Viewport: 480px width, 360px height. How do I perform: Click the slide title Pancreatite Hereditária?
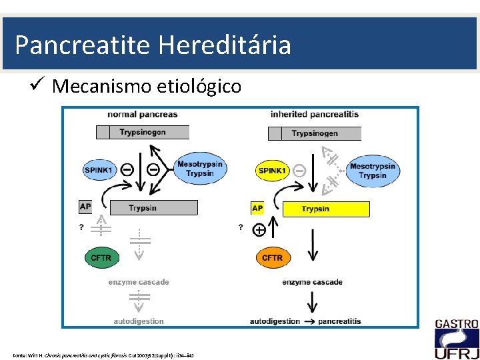click(x=153, y=45)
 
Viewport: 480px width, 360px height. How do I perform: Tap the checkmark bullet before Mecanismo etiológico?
click(x=38, y=85)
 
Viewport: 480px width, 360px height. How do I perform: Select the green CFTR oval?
click(x=101, y=257)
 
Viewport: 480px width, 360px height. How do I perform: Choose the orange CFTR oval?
click(x=272, y=257)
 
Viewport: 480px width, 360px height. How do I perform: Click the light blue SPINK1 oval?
click(x=100, y=170)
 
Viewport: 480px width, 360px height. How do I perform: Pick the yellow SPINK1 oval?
click(x=273, y=171)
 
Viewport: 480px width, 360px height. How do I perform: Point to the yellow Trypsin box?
click(x=326, y=209)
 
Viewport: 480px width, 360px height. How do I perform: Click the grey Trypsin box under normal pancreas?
click(x=153, y=208)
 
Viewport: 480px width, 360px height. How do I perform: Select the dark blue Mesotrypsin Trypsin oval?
click(x=200, y=169)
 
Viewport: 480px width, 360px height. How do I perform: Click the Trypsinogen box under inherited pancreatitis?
click(x=314, y=133)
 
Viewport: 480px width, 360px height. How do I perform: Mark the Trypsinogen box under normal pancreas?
click(x=142, y=132)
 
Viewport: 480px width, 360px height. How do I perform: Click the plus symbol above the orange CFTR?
click(x=259, y=230)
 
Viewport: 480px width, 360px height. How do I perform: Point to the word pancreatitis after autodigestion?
click(x=339, y=321)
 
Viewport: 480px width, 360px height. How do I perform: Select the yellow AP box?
click(x=257, y=209)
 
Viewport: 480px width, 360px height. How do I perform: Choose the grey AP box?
click(x=85, y=207)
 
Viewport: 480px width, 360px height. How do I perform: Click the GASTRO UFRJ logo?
click(x=457, y=339)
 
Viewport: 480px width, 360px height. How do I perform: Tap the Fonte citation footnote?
click(x=103, y=354)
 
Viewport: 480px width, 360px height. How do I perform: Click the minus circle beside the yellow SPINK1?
click(x=299, y=171)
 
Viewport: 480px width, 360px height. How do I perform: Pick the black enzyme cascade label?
click(x=312, y=282)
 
